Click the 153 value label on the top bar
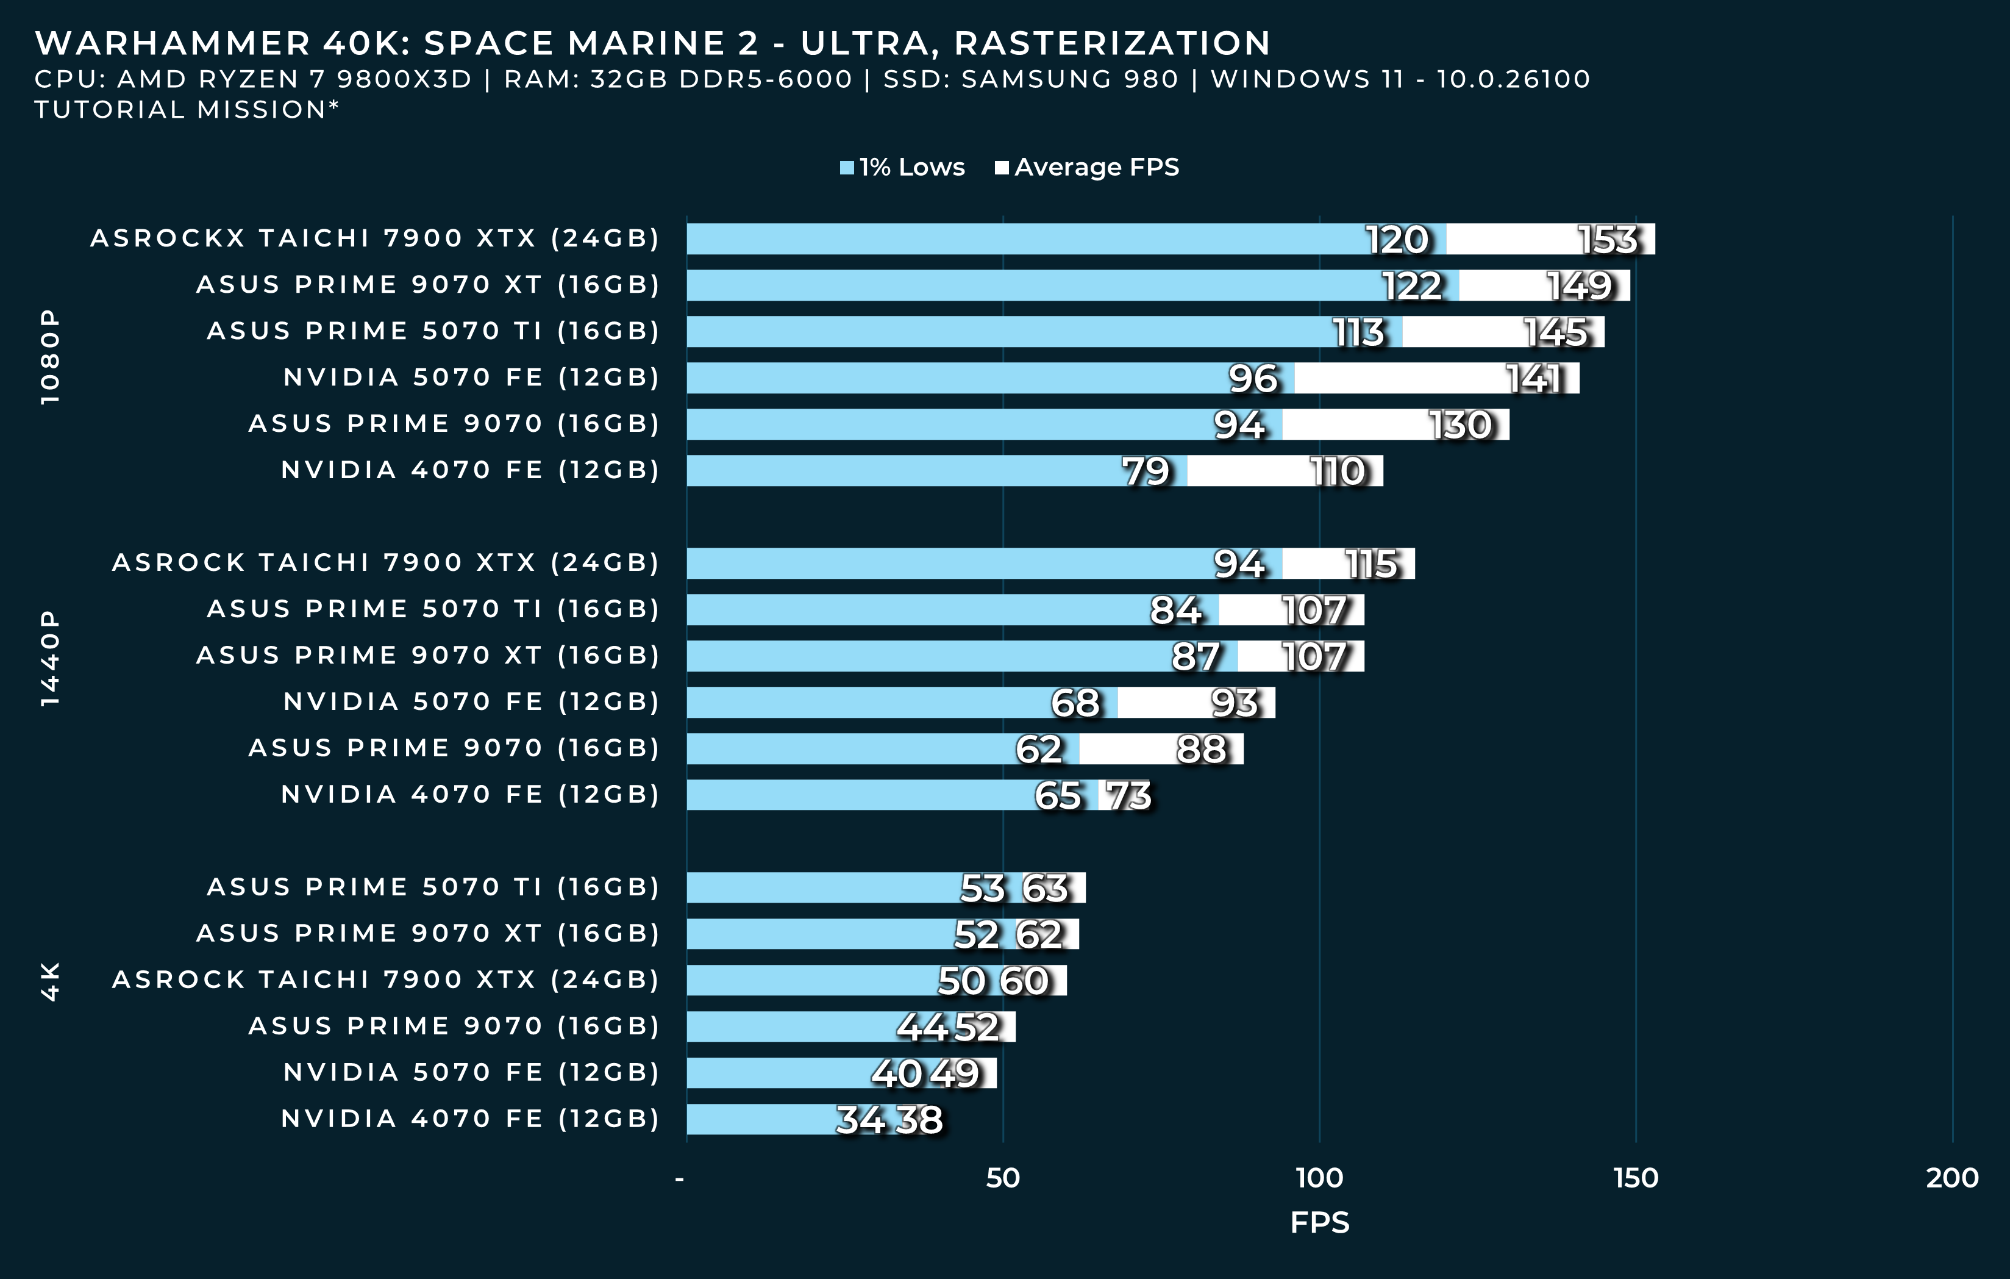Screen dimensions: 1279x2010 point(1608,240)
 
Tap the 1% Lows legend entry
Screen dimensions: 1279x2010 point(902,168)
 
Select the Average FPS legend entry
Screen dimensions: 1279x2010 point(1087,168)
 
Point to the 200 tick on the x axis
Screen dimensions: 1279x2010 point(1951,1178)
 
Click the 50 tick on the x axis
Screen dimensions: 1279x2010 point(1002,1178)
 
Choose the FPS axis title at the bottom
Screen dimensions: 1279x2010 point(1319,1222)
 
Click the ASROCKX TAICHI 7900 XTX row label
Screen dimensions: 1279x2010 point(375,238)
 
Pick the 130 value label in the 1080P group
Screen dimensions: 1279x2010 point(1460,425)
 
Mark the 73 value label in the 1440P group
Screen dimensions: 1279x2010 point(1128,795)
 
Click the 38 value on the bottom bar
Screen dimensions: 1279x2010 point(918,1120)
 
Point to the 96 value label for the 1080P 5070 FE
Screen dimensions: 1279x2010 point(1252,379)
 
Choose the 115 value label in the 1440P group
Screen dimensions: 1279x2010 point(1370,564)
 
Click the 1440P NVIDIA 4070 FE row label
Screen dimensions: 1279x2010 point(470,794)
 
